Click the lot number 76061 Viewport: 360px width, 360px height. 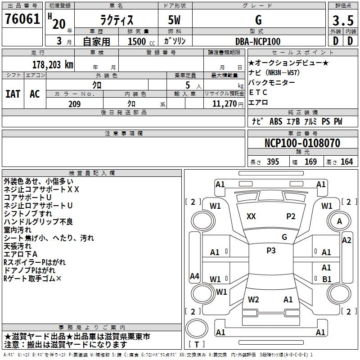pos(22,20)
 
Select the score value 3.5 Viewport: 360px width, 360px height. pos(342,20)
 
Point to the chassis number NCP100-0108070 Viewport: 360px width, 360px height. pos(302,144)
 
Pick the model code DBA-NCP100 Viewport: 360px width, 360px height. pos(257,41)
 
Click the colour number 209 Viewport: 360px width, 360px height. pos(74,104)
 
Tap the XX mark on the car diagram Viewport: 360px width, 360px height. pos(251,216)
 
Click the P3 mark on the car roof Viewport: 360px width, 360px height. pos(271,251)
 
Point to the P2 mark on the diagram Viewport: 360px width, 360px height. pos(291,216)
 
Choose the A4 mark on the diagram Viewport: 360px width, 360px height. pos(194,276)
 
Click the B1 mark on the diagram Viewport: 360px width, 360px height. pos(327,279)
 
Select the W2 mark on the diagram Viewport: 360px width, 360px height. pos(253,299)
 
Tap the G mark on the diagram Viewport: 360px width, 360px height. pos(284,237)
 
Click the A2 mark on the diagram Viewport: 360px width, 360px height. pos(346,240)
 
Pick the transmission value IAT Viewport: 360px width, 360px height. pos(13,94)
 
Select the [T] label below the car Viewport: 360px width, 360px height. pos(197,345)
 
